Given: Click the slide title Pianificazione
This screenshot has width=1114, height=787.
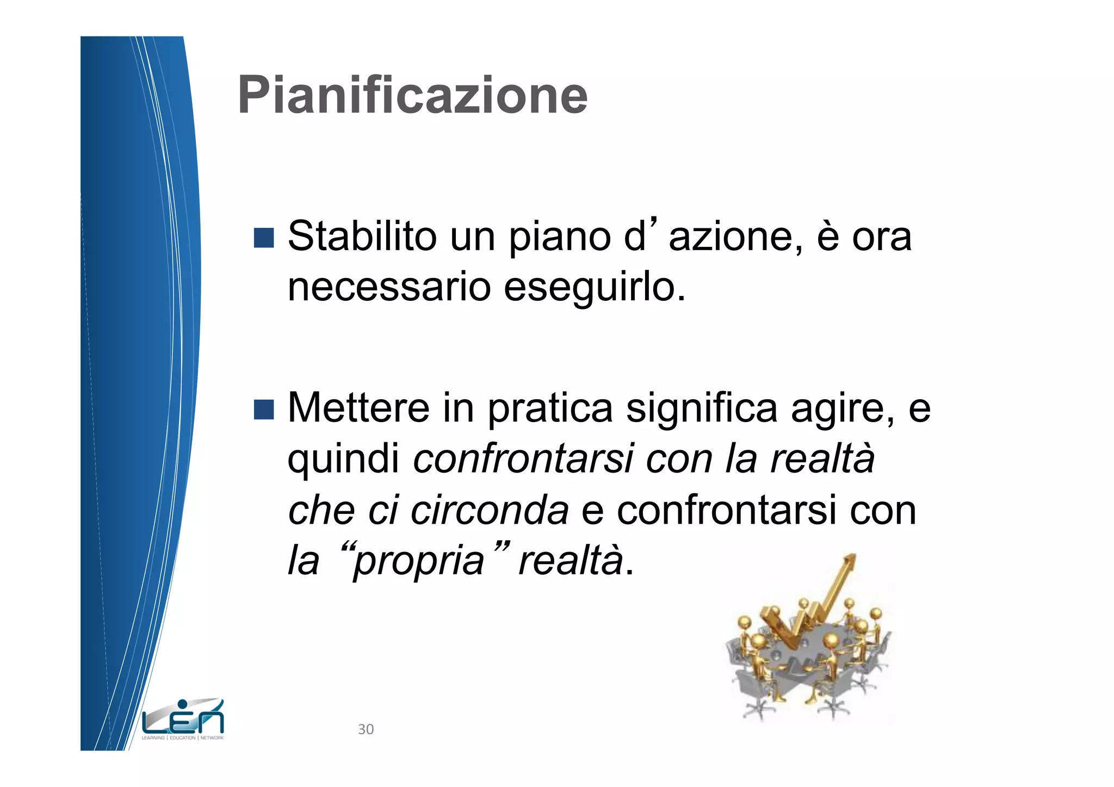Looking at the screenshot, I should tap(413, 96).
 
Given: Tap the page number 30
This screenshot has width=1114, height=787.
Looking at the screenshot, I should tap(366, 729).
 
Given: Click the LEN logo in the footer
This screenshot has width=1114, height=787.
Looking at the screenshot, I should tap(183, 717).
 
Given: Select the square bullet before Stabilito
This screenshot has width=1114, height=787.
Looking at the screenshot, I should tap(264, 238).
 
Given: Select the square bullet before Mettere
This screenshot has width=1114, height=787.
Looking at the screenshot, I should tap(264, 409).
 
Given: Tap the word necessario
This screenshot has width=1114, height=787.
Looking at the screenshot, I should tap(389, 287).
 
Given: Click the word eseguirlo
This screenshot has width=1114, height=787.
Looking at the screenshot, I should tap(594, 288).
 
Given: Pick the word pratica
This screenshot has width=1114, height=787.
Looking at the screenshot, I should tap(550, 409).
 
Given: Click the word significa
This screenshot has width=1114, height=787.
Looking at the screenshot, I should tap(702, 409).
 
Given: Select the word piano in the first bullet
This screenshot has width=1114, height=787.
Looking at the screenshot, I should tap(559, 238).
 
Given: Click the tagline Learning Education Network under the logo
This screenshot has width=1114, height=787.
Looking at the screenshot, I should tap(183, 738).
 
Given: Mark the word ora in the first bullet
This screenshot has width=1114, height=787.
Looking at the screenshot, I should tap(881, 238).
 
